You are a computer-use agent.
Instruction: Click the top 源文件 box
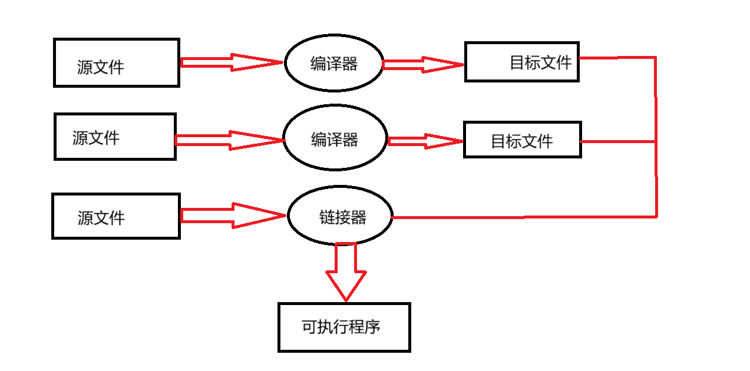pos(116,63)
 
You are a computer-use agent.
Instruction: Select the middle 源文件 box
pos(115,137)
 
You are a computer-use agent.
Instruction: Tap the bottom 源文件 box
pos(116,216)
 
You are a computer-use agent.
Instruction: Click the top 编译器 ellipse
pos(333,64)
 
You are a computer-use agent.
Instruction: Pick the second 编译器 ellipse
pos(335,140)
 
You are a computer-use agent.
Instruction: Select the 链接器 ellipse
pos(340,216)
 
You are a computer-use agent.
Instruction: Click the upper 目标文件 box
pos(522,62)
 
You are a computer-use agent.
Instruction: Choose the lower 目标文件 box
pos(522,140)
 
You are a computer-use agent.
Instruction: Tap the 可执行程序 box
pos(344,327)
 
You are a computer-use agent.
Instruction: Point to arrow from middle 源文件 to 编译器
pos(230,140)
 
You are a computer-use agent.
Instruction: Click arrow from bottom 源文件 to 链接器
pos(233,216)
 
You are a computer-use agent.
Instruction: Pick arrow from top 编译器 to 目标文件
pos(423,65)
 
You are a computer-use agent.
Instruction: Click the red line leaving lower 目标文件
pos(619,141)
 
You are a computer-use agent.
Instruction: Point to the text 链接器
pos(343,217)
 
